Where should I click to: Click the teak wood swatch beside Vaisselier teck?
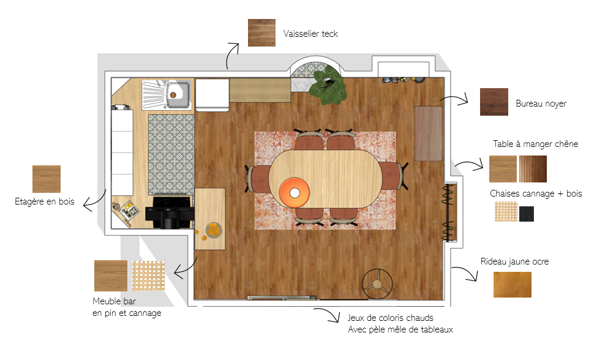[x=261, y=32]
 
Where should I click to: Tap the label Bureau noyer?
[x=541, y=103]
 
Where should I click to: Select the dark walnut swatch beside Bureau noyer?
[x=494, y=102]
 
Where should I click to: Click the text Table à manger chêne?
[x=535, y=144]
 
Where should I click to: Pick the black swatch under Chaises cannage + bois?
[x=527, y=214]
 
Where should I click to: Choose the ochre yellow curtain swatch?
[x=513, y=285]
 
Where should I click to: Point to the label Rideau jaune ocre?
[x=514, y=261]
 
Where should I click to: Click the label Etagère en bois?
[x=44, y=201]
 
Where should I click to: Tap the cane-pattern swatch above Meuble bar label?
[x=148, y=276]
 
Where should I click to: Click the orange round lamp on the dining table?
[x=295, y=193]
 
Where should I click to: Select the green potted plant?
[x=328, y=85]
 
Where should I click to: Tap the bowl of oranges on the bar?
[x=214, y=230]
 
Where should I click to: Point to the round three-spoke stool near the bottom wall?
[x=377, y=284]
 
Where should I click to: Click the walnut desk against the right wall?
[x=428, y=133]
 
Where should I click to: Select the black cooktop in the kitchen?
[x=170, y=212]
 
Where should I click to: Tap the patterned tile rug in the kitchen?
[x=171, y=154]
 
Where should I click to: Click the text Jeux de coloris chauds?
[x=390, y=318]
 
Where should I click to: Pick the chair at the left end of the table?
[x=258, y=179]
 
